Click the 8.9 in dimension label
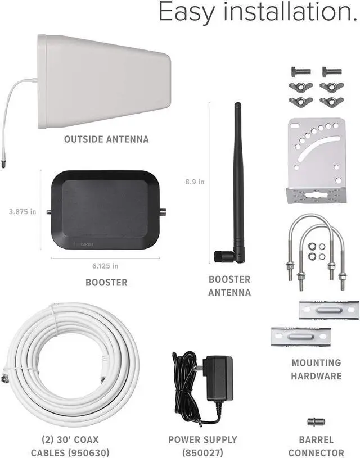coord(195,182)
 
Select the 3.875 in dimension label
coord(22,212)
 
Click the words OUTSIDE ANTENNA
coord(106,139)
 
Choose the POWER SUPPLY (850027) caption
coord(202,446)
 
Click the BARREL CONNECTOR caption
coord(316,446)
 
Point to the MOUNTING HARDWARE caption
coord(316,369)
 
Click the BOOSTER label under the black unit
coord(106,282)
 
